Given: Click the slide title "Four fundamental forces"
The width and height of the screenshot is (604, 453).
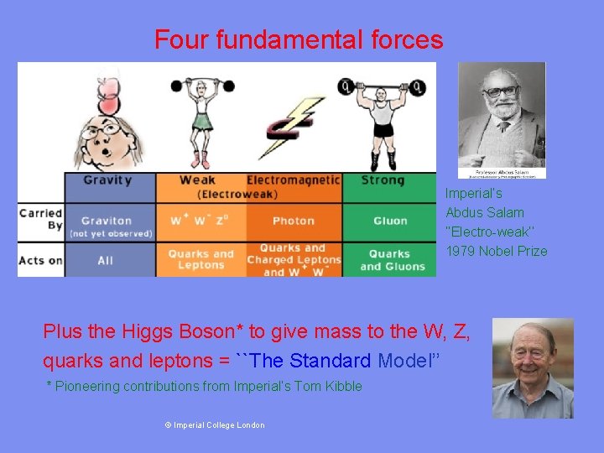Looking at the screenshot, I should (x=299, y=39).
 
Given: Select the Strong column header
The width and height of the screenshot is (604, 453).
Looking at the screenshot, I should (x=383, y=180).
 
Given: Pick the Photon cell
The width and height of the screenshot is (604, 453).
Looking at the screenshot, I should (x=294, y=221).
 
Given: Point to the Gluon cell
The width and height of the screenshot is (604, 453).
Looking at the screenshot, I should (x=390, y=221).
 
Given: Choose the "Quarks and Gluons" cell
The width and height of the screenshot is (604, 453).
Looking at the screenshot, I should (x=390, y=260).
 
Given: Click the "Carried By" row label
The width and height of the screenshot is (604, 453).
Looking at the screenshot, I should (x=41, y=219).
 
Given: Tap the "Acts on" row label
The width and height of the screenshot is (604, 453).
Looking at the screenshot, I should (x=41, y=260).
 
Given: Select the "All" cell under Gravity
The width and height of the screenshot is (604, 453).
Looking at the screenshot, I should (x=106, y=260).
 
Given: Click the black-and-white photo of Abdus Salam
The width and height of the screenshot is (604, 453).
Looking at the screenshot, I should (x=502, y=119).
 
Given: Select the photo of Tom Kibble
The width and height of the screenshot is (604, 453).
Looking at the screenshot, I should (x=533, y=367).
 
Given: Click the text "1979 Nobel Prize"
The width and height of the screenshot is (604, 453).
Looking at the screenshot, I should (x=497, y=251).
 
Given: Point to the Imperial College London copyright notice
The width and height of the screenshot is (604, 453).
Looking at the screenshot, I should (x=215, y=425).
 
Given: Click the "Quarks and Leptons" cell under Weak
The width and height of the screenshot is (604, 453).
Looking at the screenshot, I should (x=200, y=259).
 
